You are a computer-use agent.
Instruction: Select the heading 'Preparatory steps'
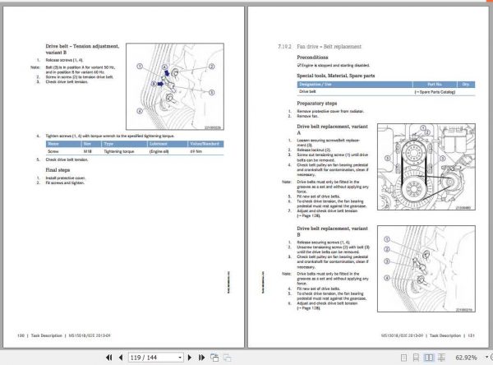[x=317, y=103]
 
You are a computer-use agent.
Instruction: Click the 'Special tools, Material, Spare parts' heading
[x=337, y=76]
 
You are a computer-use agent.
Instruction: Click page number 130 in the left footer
[x=21, y=335]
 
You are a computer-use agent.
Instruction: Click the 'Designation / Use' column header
[x=316, y=84]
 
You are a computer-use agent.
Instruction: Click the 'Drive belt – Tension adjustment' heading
[x=82, y=47]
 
